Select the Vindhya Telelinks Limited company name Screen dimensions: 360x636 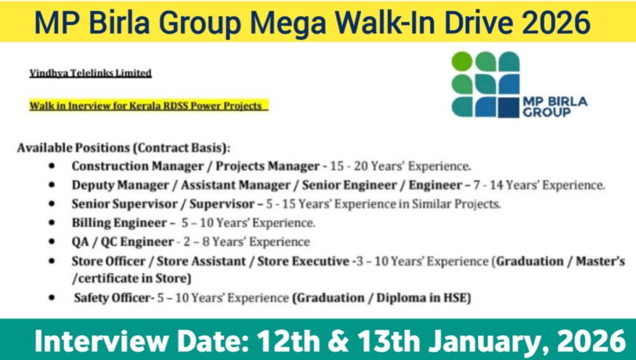91,73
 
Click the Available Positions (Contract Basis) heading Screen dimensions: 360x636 124,148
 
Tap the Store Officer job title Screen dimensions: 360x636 107,261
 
